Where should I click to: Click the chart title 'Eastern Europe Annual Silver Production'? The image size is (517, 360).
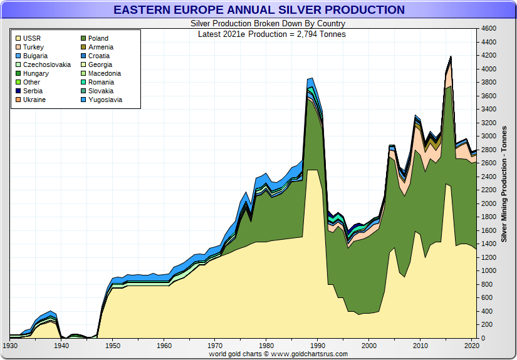click(x=259, y=10)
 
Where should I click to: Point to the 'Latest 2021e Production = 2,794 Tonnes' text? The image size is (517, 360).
click(x=272, y=34)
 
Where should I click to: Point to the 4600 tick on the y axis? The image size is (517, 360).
click(x=488, y=29)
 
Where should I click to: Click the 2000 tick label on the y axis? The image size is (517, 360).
click(x=488, y=203)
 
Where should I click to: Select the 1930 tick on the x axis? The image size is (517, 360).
click(x=10, y=345)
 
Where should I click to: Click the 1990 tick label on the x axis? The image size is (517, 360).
click(x=318, y=345)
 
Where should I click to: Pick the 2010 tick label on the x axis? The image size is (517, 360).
click(x=420, y=345)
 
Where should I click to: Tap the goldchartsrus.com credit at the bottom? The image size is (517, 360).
click(x=278, y=354)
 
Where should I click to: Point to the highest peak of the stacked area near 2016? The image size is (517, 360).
click(x=451, y=56)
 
